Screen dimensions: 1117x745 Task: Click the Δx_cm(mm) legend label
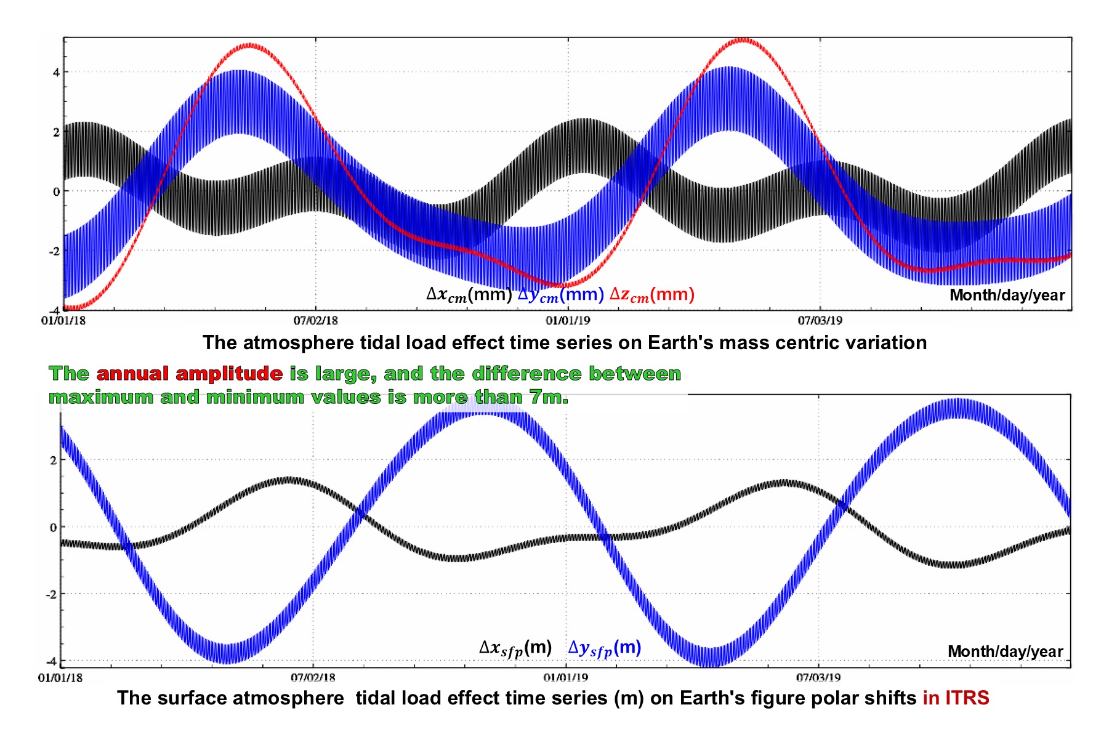point(469,295)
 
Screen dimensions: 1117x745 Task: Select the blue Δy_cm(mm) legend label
point(560,295)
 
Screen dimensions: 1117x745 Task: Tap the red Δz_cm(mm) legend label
point(652,295)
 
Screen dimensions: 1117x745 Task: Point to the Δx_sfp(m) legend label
point(515,648)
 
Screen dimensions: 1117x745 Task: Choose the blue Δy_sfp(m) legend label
point(605,648)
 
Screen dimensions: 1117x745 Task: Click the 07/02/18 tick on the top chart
point(316,320)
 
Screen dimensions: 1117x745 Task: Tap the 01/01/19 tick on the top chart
point(568,320)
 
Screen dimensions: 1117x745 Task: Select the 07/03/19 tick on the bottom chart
point(818,677)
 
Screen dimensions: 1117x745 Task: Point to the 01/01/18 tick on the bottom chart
point(60,677)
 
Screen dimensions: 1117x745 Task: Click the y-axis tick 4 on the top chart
point(56,72)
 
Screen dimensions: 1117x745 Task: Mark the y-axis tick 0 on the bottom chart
point(53,527)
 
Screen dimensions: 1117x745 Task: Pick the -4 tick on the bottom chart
point(52,661)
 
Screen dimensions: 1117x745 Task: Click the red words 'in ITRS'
point(956,698)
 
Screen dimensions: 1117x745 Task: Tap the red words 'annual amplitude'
point(190,373)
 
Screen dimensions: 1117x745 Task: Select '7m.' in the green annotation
point(549,397)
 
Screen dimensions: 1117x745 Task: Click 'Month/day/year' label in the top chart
point(1007,295)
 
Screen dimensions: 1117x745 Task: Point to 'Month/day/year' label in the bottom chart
point(1006,651)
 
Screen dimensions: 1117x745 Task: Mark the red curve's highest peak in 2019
point(743,40)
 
